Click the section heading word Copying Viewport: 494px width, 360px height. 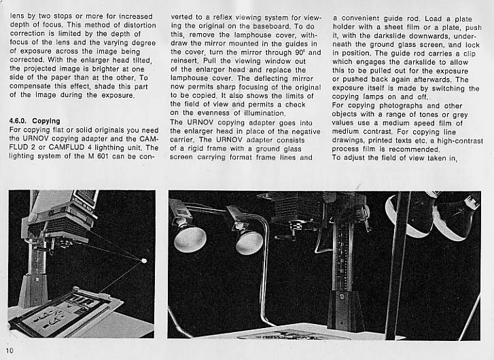(46, 121)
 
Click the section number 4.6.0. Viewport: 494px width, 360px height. (17, 121)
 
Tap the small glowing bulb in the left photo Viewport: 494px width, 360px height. (143, 259)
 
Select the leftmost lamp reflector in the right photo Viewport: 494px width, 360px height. (190, 237)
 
